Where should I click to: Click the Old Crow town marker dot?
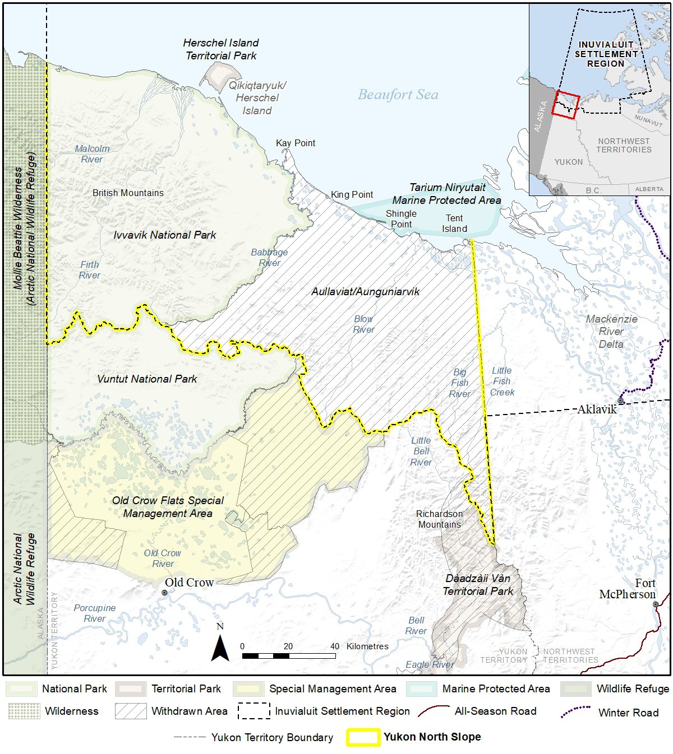pos(164,593)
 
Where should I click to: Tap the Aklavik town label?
pos(597,409)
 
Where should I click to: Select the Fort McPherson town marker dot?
pos(656,604)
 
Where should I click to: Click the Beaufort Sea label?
pos(398,95)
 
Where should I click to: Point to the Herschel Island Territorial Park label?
pos(221,49)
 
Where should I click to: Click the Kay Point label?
pos(296,143)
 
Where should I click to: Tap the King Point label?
pos(352,194)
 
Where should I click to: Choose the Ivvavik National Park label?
pos(164,235)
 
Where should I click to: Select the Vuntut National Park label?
pos(147,379)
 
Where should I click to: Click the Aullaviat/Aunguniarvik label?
pos(365,292)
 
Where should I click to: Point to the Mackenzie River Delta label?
pos(611,332)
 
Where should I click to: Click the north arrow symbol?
pos(220,644)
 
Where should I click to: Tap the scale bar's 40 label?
pos(335,646)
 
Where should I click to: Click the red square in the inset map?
pos(565,104)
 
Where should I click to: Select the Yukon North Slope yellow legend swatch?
pos(363,737)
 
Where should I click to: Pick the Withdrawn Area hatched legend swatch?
pos(131,711)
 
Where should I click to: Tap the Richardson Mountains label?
pos(439,519)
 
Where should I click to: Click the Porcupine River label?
pos(94,613)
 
